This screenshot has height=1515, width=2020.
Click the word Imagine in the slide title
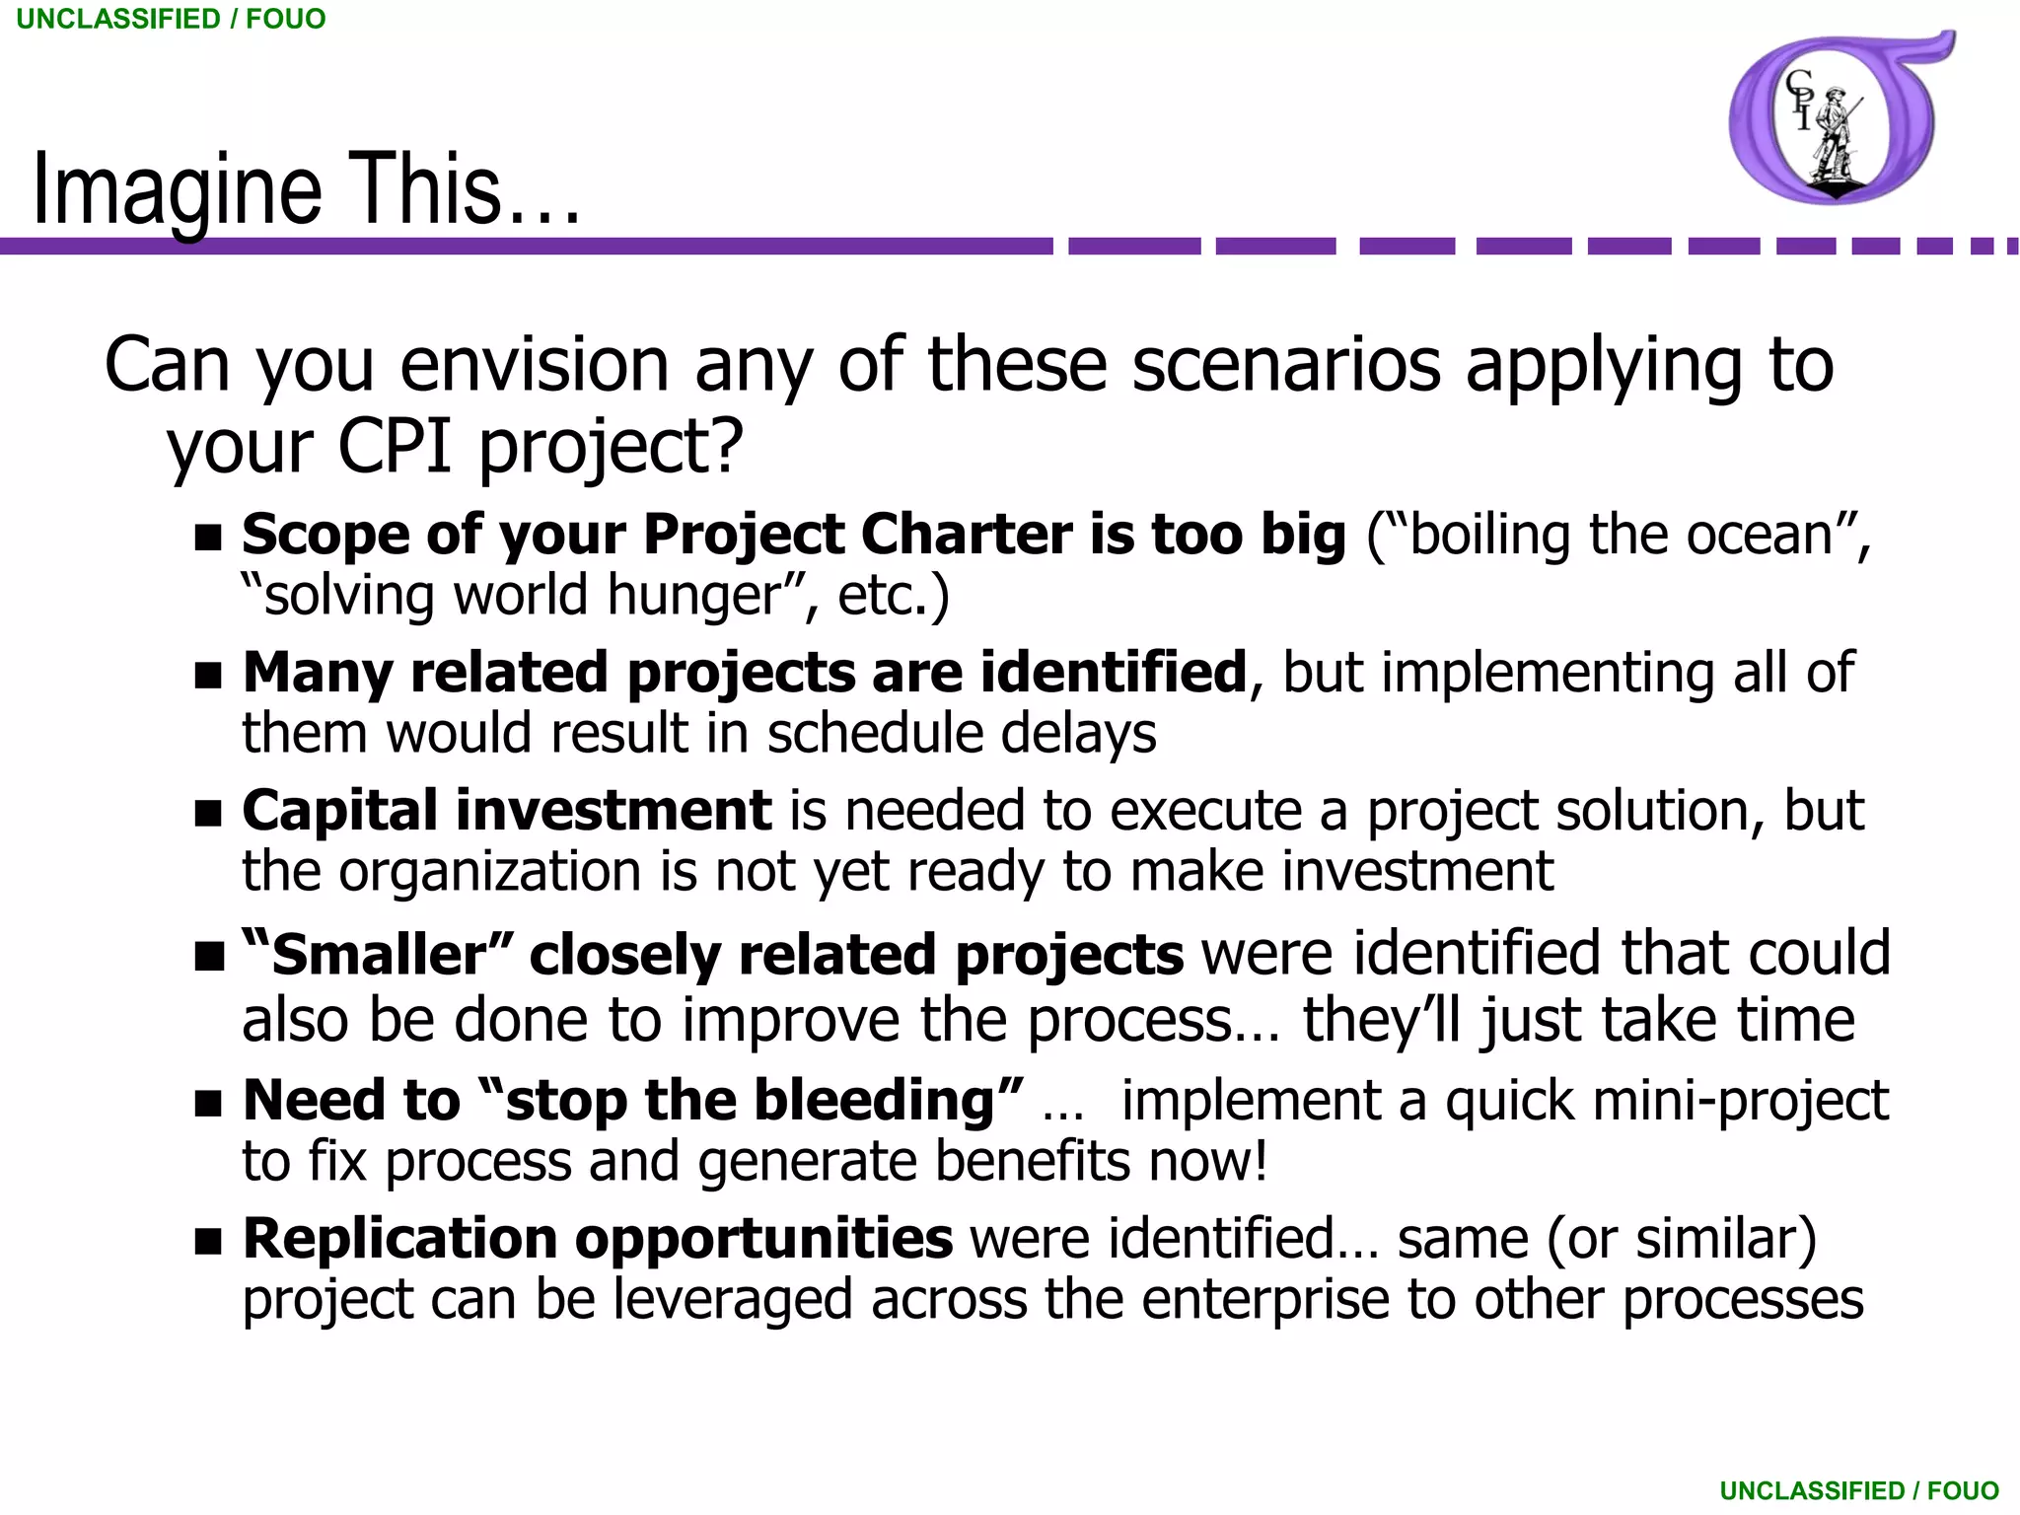[178, 189]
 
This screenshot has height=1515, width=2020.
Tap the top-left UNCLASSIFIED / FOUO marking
[171, 19]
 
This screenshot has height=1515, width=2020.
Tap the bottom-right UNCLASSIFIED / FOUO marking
[1859, 1490]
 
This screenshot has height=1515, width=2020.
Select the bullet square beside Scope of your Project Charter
[208, 539]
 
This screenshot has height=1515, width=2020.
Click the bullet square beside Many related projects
[208, 677]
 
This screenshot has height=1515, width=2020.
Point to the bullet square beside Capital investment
[208, 815]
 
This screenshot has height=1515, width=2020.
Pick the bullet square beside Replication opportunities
[208, 1242]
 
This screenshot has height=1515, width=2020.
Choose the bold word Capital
[339, 812]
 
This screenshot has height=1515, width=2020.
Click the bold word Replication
[399, 1239]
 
